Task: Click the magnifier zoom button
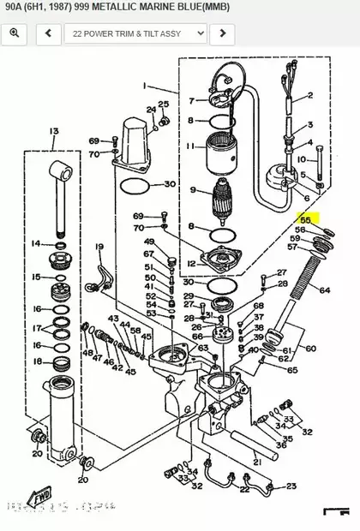pyautogui.click(x=15, y=33)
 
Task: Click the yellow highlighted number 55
pyautogui.click(x=304, y=220)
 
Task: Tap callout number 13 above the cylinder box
pyautogui.click(x=54, y=131)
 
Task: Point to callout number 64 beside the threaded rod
pyautogui.click(x=324, y=290)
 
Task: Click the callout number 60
pyautogui.click(x=310, y=349)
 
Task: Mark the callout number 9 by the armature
pyautogui.click(x=194, y=190)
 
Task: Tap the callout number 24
pyautogui.click(x=152, y=110)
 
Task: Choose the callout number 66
pyautogui.click(x=197, y=337)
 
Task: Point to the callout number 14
pyautogui.click(x=36, y=244)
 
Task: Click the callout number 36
pyautogui.click(x=281, y=444)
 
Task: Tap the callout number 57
pyautogui.click(x=292, y=248)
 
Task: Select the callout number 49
pyautogui.click(x=149, y=242)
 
